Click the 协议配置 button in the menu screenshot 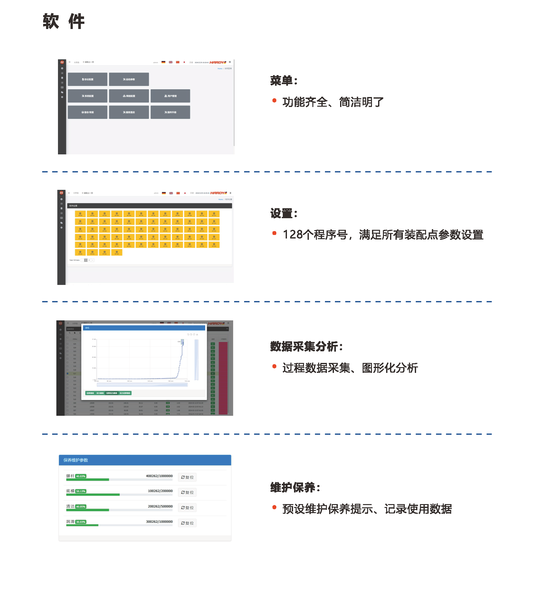[x=88, y=79]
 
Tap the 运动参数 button [x=129, y=79]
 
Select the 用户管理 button [x=170, y=96]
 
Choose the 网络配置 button [x=129, y=96]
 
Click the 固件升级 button [x=170, y=112]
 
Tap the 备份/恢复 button [x=88, y=112]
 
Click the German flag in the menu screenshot [x=163, y=62]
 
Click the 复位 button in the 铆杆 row [x=187, y=477]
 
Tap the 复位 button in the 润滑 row [x=187, y=523]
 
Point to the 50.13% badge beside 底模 [x=81, y=492]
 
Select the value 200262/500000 [x=160, y=506]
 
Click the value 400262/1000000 [x=159, y=476]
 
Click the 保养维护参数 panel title [x=76, y=460]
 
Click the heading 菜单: [x=283, y=81]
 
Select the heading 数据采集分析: [x=306, y=346]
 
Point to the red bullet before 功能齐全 [x=274, y=101]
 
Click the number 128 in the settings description [x=293, y=235]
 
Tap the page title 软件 [x=64, y=22]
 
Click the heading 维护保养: [x=295, y=487]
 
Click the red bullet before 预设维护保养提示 [x=274, y=507]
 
